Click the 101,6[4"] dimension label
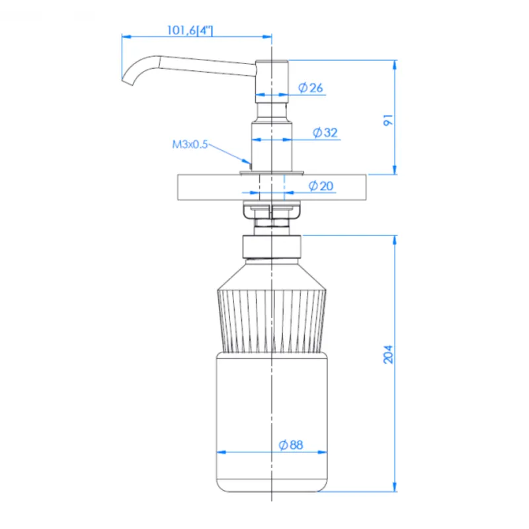pyautogui.click(x=190, y=30)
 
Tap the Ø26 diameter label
pyautogui.click(x=310, y=88)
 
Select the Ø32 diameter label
pyautogui.click(x=325, y=133)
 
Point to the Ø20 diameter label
pyautogui.click(x=321, y=186)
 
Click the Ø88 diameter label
pyautogui.click(x=291, y=445)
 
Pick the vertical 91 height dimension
pyautogui.click(x=388, y=120)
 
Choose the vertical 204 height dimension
pyautogui.click(x=388, y=354)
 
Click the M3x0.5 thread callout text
pyautogui.click(x=190, y=144)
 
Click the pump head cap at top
pyautogui.click(x=272, y=81)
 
